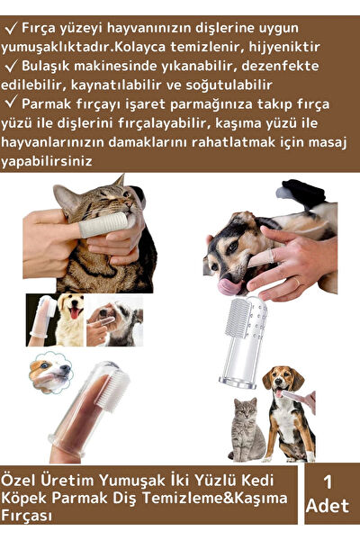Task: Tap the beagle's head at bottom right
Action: click(x=280, y=378)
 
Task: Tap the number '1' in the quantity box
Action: click(x=327, y=482)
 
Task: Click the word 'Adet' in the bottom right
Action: click(x=327, y=507)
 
